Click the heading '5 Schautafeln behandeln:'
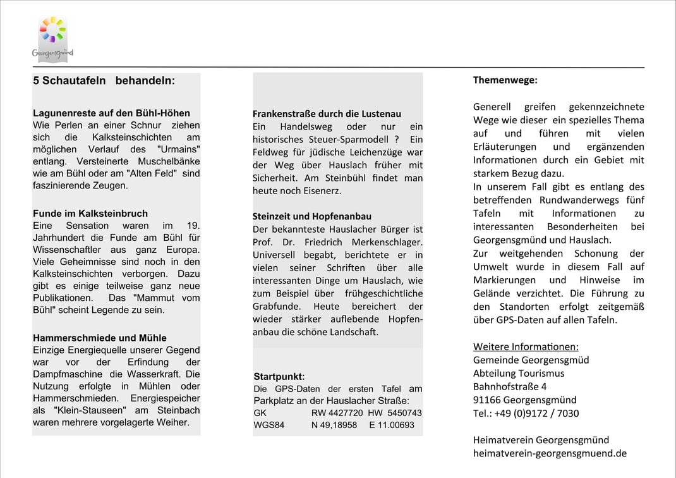pyautogui.click(x=104, y=81)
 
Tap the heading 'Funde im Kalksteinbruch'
pyautogui.click(x=90, y=214)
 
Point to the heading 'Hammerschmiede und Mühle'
pyautogui.click(x=100, y=338)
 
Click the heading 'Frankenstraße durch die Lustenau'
pyautogui.click(x=327, y=114)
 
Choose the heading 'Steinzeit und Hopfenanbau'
pyautogui.click(x=312, y=216)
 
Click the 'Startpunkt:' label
pyautogui.click(x=279, y=377)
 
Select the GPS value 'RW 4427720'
pyautogui.click(x=337, y=413)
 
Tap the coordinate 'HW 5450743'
pyautogui.click(x=395, y=413)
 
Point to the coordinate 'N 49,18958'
pyautogui.click(x=334, y=425)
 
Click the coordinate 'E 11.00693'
pyautogui.click(x=392, y=425)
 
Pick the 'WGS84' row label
pyautogui.click(x=269, y=425)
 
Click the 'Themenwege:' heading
pyautogui.click(x=505, y=80)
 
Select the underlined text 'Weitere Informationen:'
pyautogui.click(x=526, y=346)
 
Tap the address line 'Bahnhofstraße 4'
pyautogui.click(x=510, y=386)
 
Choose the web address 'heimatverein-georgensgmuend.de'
pyautogui.click(x=550, y=453)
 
